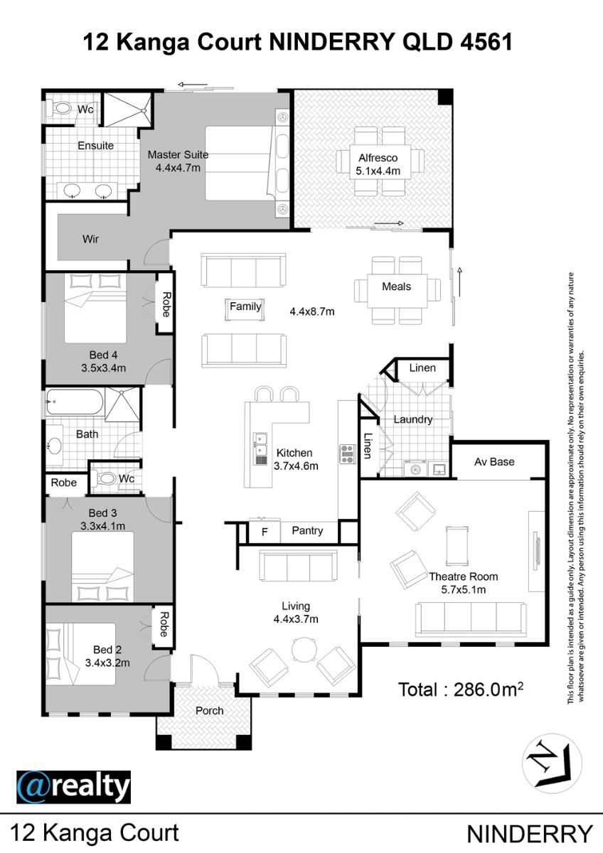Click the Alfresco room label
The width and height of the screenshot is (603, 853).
tap(378, 158)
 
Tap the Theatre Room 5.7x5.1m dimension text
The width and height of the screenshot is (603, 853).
tap(463, 590)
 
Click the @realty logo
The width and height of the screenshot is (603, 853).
tap(73, 787)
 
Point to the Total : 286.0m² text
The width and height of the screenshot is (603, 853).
tap(461, 690)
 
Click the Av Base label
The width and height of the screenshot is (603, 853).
tap(494, 462)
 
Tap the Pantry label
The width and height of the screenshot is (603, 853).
tap(307, 531)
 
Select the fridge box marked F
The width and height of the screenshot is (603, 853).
tap(265, 532)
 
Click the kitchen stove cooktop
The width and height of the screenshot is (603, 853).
tap(348, 454)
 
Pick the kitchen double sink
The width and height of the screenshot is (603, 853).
tap(260, 449)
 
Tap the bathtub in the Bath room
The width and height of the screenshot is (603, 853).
tap(74, 402)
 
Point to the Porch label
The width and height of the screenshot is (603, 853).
tap(210, 711)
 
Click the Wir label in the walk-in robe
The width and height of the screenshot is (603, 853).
tap(90, 239)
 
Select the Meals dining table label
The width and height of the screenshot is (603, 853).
tap(397, 286)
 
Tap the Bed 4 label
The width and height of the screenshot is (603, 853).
tap(103, 355)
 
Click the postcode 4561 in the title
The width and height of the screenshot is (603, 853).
tap(486, 42)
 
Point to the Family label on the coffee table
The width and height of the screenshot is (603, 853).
tap(245, 306)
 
